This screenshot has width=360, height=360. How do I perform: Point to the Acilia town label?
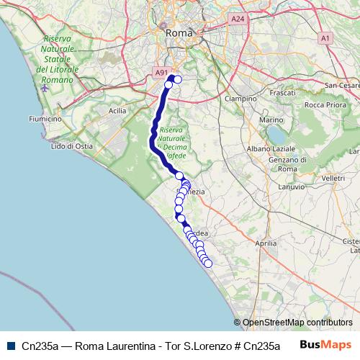(x=117, y=111)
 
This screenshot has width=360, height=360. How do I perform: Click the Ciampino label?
(x=240, y=99)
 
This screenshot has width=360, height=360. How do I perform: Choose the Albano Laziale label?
(x=271, y=148)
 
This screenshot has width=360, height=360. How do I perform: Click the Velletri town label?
(x=333, y=177)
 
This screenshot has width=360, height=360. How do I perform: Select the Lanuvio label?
(x=291, y=186)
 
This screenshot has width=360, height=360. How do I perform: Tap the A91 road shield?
(x=161, y=73)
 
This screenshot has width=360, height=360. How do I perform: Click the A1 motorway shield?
(x=326, y=37)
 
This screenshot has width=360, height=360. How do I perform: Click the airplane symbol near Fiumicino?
(x=46, y=88)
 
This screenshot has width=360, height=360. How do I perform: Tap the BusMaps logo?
(x=326, y=345)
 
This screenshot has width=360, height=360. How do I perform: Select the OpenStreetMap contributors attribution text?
(x=297, y=323)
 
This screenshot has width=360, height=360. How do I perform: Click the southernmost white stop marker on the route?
(x=209, y=264)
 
